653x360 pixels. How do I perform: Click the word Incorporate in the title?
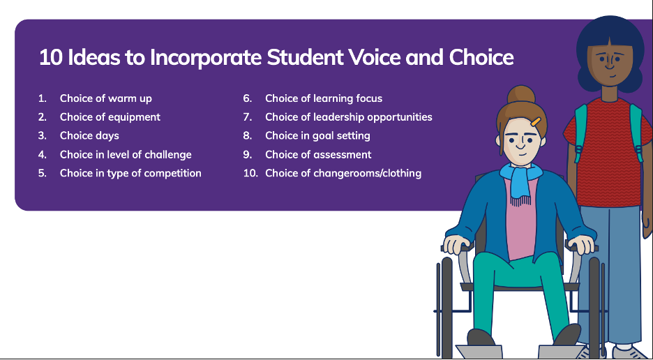coord(206,57)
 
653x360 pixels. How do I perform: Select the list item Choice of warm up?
coord(106,99)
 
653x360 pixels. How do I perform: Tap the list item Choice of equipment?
coord(110,117)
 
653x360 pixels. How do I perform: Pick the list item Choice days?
coord(89,136)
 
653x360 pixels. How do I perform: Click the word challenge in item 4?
coord(168,155)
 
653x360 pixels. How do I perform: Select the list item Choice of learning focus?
coord(324,99)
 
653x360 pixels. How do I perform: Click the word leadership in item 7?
coord(339,117)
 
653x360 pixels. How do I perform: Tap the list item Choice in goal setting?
coord(317,136)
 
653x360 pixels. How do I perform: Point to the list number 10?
coord(250,173)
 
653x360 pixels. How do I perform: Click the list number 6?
coord(248,99)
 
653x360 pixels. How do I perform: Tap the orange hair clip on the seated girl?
coord(536,121)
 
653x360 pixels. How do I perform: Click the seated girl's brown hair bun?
coord(521,95)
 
